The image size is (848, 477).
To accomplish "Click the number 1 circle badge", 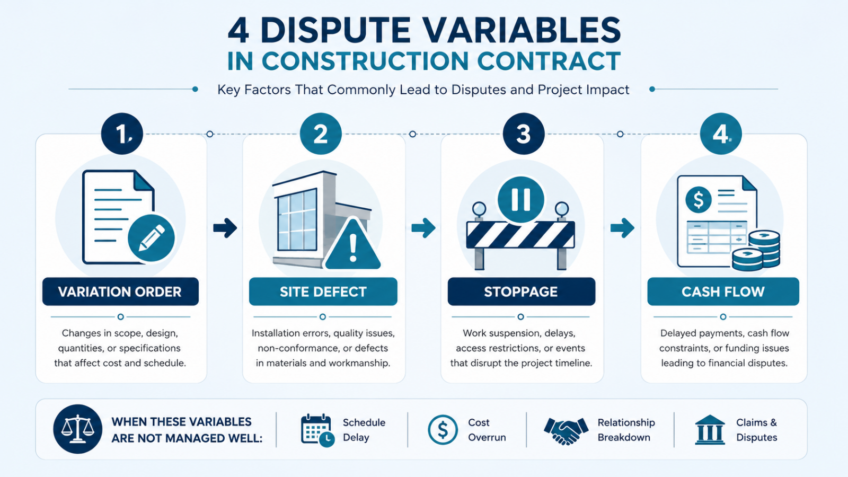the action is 122,134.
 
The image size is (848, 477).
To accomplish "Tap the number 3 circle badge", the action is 524,134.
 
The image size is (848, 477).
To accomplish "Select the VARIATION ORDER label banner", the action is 120,291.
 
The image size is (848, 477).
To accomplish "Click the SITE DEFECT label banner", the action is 323,291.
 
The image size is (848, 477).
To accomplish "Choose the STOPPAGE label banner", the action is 522,291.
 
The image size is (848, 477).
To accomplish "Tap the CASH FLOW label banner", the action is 723,291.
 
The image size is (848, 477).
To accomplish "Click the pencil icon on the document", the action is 152,238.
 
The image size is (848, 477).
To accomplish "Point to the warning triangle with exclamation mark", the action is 352,244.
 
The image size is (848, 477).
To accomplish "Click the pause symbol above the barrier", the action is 521,199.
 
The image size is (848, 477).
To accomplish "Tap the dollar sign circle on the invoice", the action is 699,199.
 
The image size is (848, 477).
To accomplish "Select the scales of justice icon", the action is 77,429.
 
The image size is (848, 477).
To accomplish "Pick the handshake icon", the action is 566,430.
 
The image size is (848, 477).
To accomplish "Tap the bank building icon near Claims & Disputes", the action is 710,430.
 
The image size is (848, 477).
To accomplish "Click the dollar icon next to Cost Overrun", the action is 443,430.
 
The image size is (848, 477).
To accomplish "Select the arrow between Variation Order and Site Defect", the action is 225,228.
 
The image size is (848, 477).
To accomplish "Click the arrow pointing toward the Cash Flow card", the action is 622,228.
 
